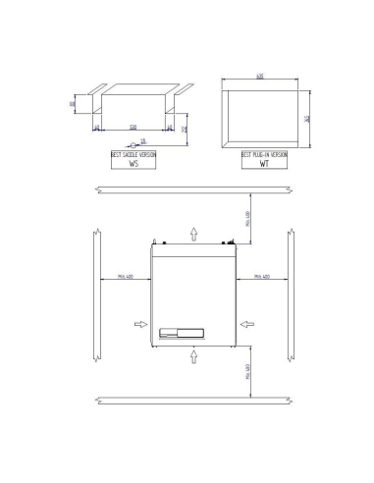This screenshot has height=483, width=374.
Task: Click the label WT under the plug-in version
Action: [x=263, y=165]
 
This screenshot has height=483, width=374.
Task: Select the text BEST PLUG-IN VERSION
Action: [x=263, y=154]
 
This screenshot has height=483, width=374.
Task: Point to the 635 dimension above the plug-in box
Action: [x=261, y=75]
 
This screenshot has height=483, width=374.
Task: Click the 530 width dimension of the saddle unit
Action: [x=133, y=127]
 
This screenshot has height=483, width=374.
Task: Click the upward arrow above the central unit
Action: [x=194, y=230]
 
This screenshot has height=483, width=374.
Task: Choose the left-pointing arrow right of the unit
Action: [x=249, y=322]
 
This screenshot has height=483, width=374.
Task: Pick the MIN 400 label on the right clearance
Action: [x=263, y=278]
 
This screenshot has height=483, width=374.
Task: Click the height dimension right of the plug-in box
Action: [x=307, y=119]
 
